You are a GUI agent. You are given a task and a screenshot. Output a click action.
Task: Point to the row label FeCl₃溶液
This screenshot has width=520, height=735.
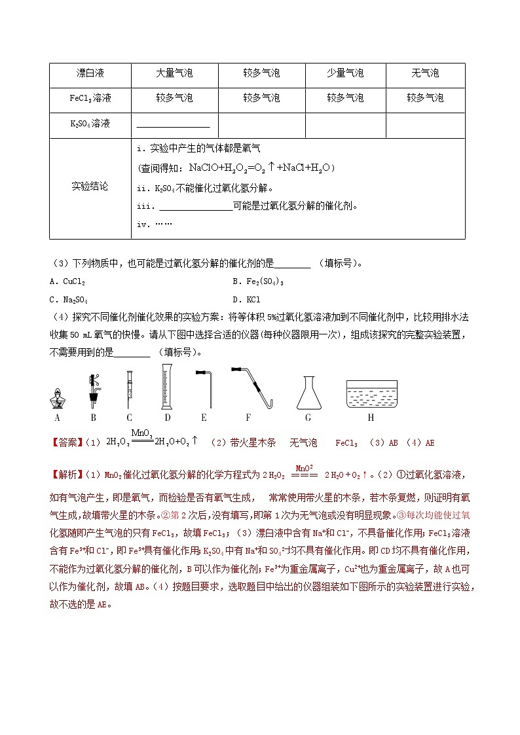(90, 98)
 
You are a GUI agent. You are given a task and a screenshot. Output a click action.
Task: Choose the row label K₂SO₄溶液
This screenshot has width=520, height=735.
(90, 123)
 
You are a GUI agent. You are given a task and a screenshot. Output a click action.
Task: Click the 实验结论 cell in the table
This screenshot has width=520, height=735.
(90, 187)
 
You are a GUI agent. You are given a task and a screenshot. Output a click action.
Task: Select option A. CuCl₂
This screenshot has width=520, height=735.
(67, 281)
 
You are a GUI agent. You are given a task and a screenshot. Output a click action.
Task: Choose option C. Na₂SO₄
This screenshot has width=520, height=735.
(68, 299)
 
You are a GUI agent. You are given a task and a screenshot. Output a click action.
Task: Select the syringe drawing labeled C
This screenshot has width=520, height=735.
(130, 390)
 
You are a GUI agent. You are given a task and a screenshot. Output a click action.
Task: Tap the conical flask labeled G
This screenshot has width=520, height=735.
(308, 393)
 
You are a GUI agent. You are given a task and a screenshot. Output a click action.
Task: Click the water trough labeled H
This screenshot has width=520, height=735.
(371, 394)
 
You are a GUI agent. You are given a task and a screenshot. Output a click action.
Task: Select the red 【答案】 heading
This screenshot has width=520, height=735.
(66, 443)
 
